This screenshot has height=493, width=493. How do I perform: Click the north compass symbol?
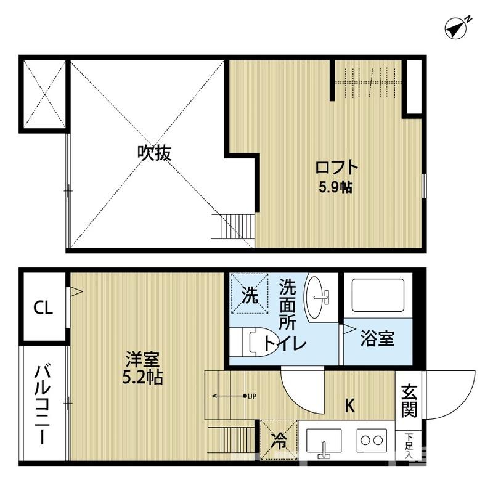[457, 28]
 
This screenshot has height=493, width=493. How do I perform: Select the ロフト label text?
[336, 167]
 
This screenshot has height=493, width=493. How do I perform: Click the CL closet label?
[43, 308]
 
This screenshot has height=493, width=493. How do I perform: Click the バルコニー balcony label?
[43, 405]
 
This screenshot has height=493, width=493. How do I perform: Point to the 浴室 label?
[377, 339]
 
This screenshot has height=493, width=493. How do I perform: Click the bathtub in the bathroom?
[377, 296]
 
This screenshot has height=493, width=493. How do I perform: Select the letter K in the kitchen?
[349, 405]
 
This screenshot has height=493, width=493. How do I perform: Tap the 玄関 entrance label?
[410, 401]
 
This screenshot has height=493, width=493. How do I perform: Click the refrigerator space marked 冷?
[279, 439]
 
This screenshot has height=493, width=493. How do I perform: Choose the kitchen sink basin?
[324, 441]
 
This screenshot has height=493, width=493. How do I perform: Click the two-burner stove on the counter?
[372, 441]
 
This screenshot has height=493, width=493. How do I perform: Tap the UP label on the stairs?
[252, 396]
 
